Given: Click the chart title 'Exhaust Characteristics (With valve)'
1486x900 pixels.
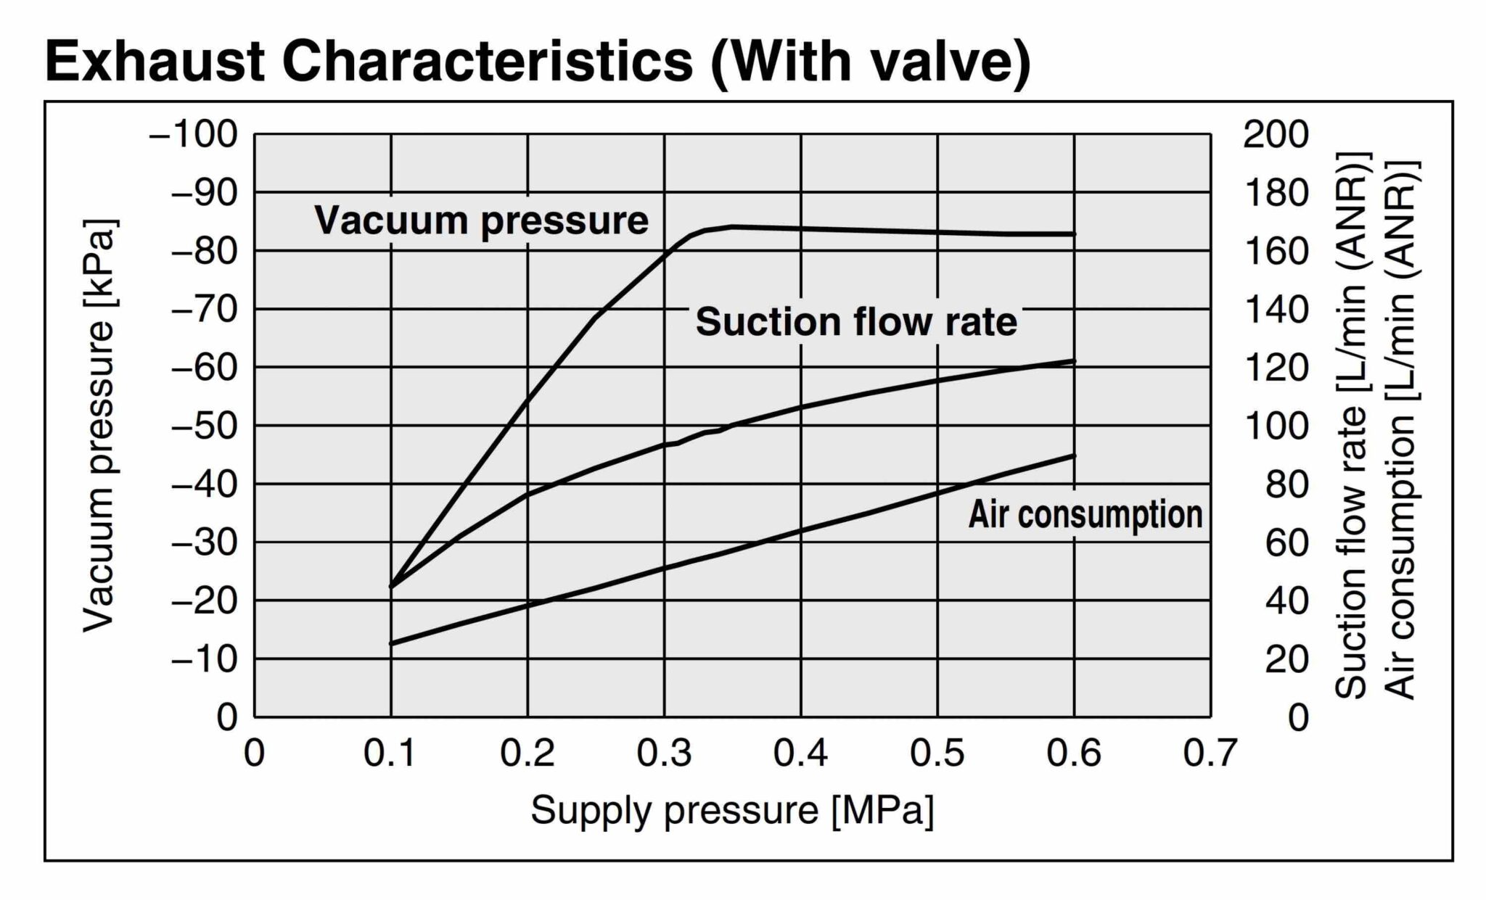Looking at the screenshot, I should pos(537,62).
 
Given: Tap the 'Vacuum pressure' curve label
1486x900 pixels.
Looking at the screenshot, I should pos(481,220).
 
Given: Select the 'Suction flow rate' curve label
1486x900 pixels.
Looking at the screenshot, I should pos(856,321).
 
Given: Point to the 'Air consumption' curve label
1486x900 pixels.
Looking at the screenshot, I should pos(1085,514).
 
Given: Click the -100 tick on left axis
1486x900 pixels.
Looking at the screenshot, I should pos(194,134).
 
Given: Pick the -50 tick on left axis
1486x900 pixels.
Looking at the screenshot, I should pos(204,426).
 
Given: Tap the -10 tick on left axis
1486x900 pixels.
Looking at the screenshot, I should pos(204,659).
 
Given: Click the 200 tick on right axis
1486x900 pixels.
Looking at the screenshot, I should pos(1276,134).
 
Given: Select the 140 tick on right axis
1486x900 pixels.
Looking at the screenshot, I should pos(1276,310).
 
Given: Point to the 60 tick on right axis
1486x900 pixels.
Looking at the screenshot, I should pos(1286,542).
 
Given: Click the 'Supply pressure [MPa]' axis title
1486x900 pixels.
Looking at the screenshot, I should pos(732,810).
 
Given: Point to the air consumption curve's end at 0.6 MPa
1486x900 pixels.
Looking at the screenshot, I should pos(1074,456).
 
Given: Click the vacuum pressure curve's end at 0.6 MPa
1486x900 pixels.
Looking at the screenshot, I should pos(1074,234).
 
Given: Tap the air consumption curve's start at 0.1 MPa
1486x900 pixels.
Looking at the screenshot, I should pos(392,643).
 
